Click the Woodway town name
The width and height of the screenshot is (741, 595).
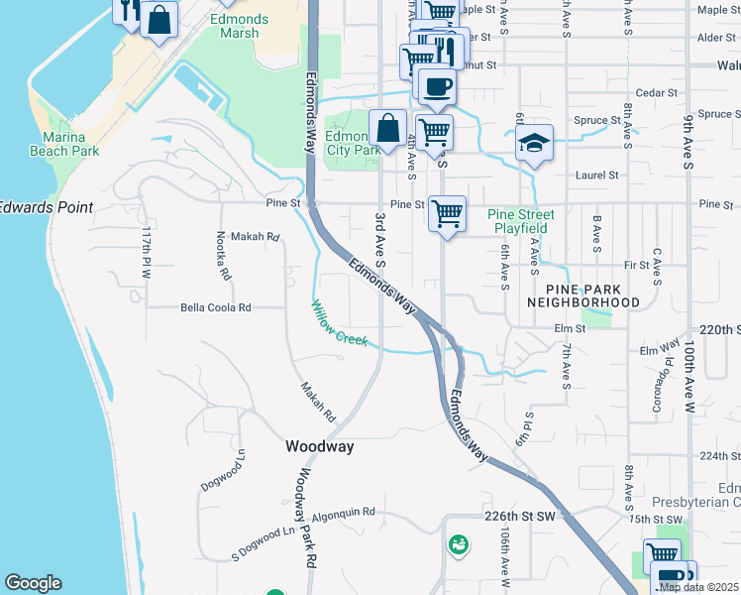click(319, 447)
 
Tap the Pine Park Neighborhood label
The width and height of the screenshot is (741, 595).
click(582, 294)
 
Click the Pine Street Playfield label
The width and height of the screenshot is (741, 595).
click(521, 221)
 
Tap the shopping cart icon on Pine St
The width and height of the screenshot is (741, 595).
click(448, 212)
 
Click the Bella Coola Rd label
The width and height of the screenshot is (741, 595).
click(217, 307)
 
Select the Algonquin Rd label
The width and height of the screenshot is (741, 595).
click(344, 513)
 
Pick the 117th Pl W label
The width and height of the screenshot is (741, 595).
click(146, 252)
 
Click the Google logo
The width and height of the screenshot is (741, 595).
click(33, 583)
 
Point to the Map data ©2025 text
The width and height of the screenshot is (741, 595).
click(698, 587)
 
